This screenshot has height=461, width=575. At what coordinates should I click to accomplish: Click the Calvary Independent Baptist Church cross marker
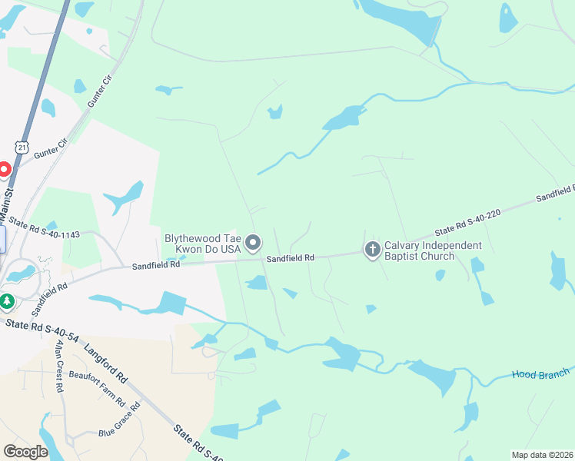pyautogui.click(x=372, y=249)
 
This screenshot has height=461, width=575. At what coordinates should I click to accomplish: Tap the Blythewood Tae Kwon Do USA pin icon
pyautogui.click(x=254, y=244)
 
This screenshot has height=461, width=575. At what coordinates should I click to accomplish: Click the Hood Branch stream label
pyautogui.click(x=540, y=374)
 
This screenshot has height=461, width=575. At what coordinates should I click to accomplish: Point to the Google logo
pyautogui.click(x=25, y=452)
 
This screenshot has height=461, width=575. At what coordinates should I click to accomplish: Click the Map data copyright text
pyautogui.click(x=542, y=454)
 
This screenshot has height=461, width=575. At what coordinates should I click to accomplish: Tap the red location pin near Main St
pyautogui.click(x=3, y=170)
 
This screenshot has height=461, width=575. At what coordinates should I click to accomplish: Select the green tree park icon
pyautogui.click(x=7, y=300)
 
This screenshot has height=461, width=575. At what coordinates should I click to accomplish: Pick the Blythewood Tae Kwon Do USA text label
pyautogui.click(x=202, y=244)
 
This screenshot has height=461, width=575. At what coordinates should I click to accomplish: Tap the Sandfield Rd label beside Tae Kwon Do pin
pyautogui.click(x=291, y=259)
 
